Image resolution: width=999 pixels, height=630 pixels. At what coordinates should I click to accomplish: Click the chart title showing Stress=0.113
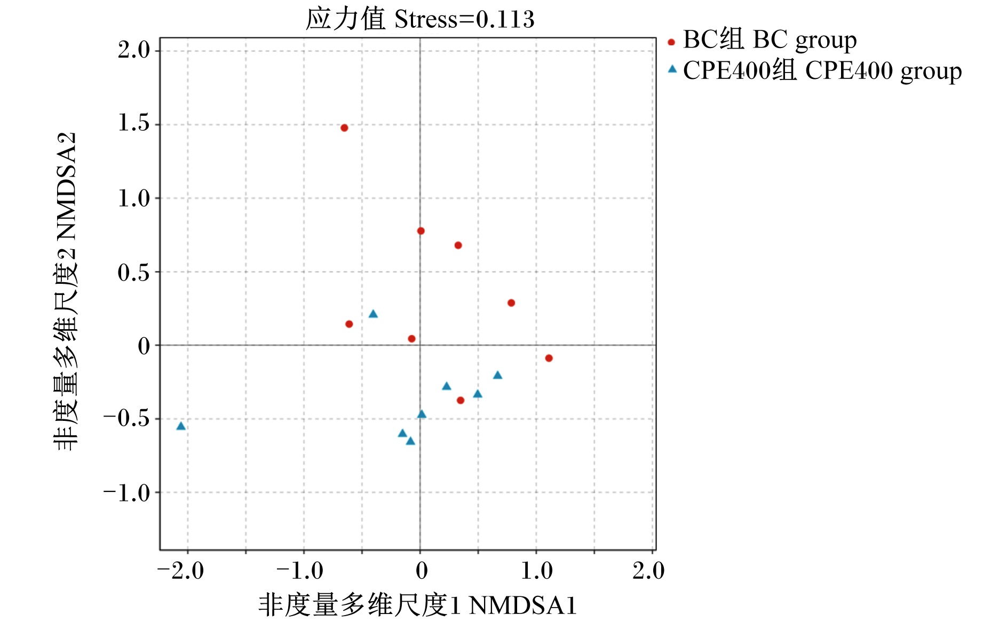coord(419,19)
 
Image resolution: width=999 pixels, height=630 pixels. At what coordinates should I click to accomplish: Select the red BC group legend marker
coord(671,42)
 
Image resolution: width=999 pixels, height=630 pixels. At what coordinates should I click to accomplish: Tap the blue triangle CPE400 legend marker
coord(672,69)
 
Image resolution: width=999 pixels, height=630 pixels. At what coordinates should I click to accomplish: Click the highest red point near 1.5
coord(344,128)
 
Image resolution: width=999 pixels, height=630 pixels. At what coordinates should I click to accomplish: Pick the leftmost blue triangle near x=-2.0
coord(181,426)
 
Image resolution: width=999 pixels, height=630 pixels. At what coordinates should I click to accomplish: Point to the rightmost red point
coord(549,358)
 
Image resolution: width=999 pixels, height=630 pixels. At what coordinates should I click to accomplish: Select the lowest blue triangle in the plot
coord(410,441)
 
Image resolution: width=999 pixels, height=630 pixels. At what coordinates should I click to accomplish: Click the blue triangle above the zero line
coord(373,314)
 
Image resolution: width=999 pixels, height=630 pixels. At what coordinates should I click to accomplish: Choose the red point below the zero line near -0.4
coord(461,400)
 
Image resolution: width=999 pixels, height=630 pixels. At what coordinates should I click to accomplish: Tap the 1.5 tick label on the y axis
coord(134,123)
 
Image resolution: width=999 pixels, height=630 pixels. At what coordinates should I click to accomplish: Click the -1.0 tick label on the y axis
coord(127,493)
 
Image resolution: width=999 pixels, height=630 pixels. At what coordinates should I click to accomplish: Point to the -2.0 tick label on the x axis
coord(181,571)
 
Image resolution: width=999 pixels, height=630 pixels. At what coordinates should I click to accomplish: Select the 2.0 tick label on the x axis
coord(648,571)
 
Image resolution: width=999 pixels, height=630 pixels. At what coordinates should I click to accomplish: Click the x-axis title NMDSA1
coord(417,605)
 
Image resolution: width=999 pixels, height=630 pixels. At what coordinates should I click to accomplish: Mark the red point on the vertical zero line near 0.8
coord(421,231)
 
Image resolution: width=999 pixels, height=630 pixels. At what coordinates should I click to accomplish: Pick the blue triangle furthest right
coord(497,375)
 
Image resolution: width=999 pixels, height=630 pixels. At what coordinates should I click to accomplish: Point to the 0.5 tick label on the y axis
coord(134,272)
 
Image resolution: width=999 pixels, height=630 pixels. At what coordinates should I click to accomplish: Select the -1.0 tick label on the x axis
coord(300,571)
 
